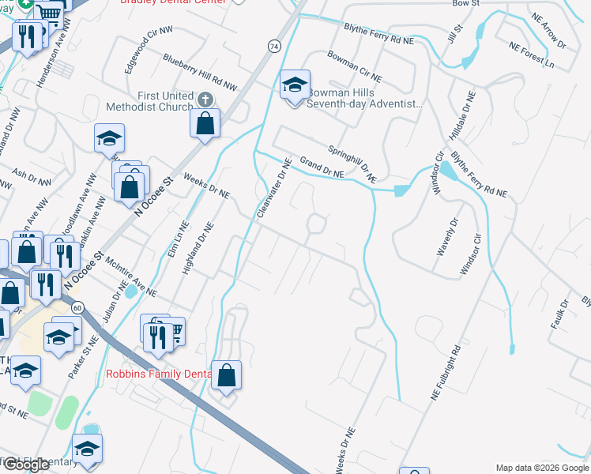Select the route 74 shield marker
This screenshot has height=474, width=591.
(273, 47)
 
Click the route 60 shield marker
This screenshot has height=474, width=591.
(77, 306)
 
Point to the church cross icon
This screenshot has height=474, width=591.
(205, 100)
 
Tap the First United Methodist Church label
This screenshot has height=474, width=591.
(154, 101)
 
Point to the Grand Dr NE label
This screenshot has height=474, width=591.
(320, 167)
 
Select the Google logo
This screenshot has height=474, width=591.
(26, 465)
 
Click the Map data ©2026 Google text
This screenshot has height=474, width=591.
(541, 468)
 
